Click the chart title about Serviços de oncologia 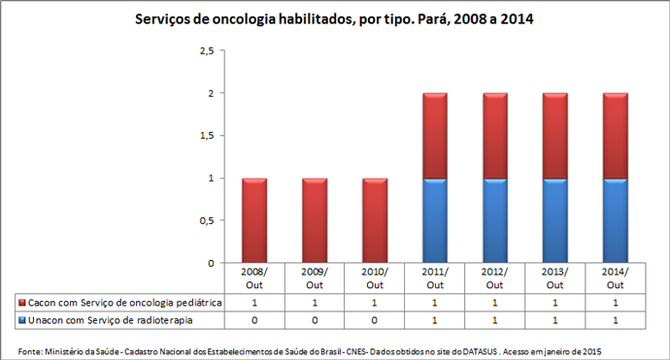tap(335, 18)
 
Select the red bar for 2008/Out tap(254, 220)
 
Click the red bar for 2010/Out tap(374, 220)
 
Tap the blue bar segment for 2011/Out tap(434, 220)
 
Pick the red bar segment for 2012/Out tap(494, 136)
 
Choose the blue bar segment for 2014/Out tap(615, 220)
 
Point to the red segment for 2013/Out tap(554, 136)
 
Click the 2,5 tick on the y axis tap(205, 50)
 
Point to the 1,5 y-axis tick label tap(205, 136)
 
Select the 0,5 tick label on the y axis tap(205, 220)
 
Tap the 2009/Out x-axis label tap(315, 278)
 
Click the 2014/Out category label tap(615, 278)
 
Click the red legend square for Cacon tap(21, 303)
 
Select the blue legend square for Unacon tap(21, 319)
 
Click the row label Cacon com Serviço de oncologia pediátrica tap(125, 303)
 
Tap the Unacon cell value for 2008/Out tap(254, 319)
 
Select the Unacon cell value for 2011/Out tap(434, 319)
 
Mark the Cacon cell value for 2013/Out tap(554, 303)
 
